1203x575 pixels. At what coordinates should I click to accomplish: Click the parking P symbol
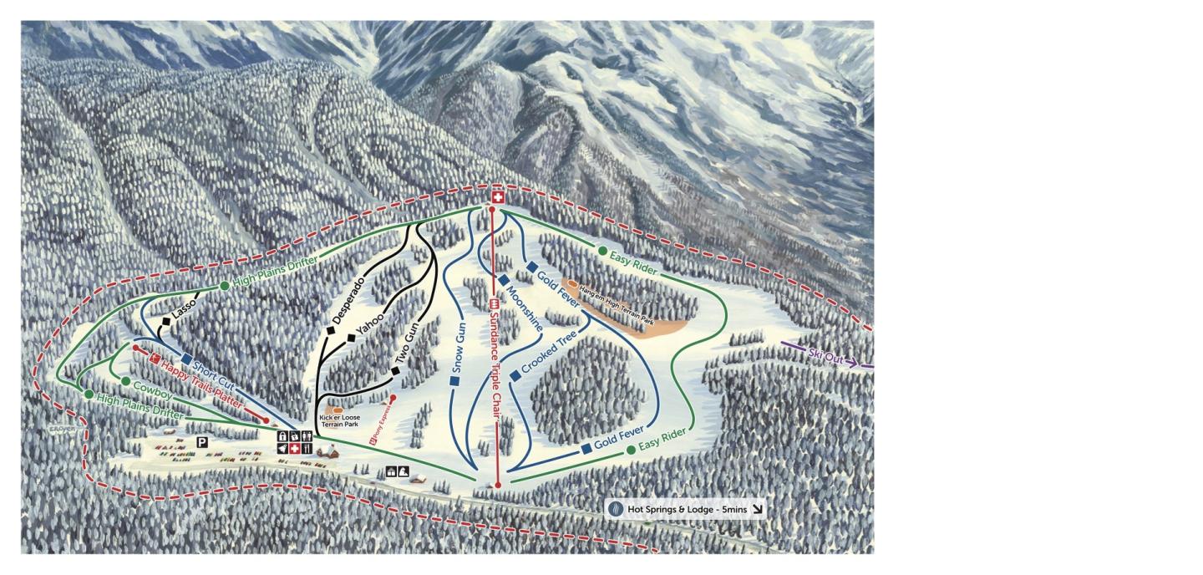coord(202,441)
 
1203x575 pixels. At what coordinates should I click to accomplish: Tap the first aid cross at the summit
coord(498,198)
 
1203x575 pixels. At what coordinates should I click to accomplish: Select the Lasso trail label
coord(185,311)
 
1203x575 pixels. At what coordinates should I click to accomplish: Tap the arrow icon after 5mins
coord(757,509)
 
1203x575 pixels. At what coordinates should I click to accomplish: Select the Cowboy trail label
coord(152,389)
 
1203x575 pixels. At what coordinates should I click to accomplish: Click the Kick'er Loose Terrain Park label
coord(339,421)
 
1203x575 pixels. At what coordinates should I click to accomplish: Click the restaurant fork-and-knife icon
coord(309,449)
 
